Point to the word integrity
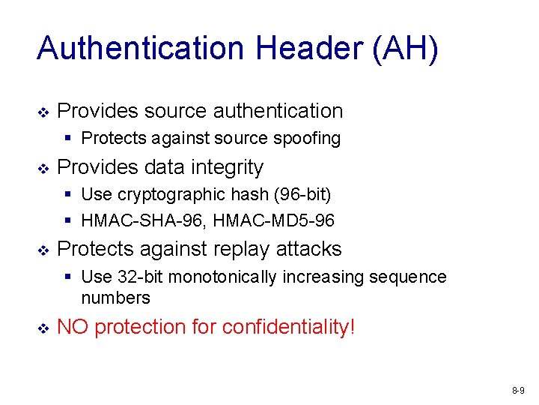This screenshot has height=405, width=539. coord(226,166)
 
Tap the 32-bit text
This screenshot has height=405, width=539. coord(140,277)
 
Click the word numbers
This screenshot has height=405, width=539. coord(115,298)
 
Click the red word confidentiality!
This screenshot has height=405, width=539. coord(288,327)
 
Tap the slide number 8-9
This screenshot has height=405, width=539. coord(517,391)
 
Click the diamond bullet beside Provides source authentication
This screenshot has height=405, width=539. coord(43,112)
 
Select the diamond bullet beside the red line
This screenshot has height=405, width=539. coord(43,328)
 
